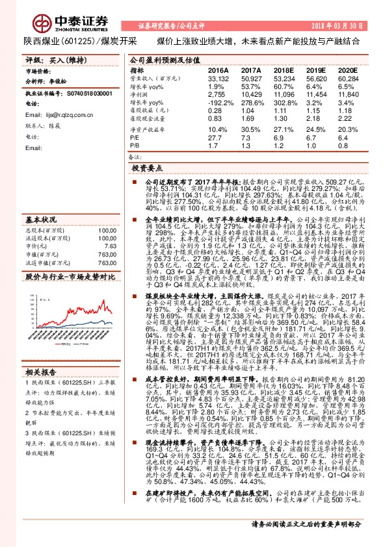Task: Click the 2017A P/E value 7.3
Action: (x=247, y=138)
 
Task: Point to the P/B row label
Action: (x=135, y=147)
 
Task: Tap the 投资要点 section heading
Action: (x=148, y=168)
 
